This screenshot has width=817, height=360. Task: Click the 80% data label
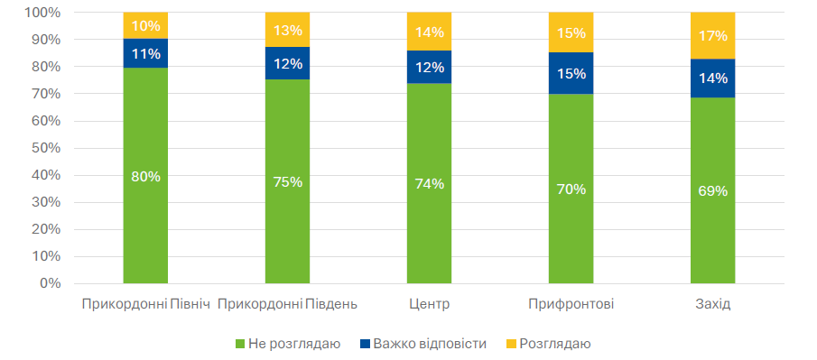click(x=145, y=177)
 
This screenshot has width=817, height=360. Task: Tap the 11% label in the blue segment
click(x=145, y=54)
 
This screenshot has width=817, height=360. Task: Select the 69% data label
click(x=712, y=190)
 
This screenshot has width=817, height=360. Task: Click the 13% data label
click(x=287, y=31)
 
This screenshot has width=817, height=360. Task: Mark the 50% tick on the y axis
click(x=43, y=148)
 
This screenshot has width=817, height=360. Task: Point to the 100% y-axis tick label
click(x=41, y=13)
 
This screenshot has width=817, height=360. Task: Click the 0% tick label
click(x=47, y=283)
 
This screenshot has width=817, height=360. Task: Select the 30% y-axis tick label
click(x=43, y=202)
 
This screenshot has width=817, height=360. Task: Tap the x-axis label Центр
click(x=429, y=303)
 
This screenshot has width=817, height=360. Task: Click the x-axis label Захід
click(x=712, y=303)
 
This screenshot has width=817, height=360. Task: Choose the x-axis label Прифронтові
click(x=571, y=303)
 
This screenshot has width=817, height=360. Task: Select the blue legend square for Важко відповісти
click(x=366, y=344)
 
